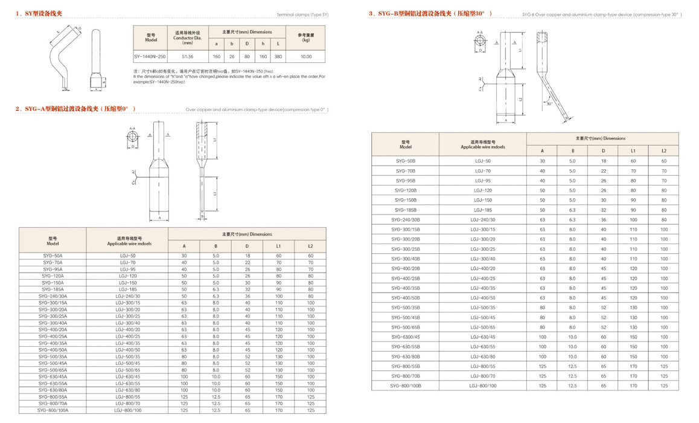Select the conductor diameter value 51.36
187,56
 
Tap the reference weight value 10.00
306,56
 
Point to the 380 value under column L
278,56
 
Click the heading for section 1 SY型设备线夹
39,13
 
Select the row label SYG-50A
53,256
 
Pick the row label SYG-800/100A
53,410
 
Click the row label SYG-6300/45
406,337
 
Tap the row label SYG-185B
406,210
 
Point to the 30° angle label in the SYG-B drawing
549,104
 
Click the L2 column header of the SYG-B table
663,150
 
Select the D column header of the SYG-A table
247,246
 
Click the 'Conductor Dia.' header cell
187,38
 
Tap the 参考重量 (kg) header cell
306,37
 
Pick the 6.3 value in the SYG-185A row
215,289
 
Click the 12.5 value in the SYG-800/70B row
572,376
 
